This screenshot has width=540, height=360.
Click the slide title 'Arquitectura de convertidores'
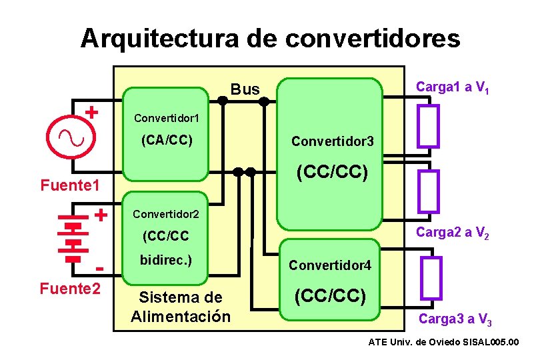(270, 38)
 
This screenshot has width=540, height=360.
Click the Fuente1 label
(69, 183)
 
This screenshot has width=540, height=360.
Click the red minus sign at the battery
(100, 269)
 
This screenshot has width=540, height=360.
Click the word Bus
(245, 89)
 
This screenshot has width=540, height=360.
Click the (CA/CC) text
(167, 140)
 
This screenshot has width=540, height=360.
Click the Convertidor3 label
(332, 141)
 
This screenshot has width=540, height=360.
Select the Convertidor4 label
(329, 265)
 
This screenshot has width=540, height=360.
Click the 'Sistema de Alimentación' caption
(180, 306)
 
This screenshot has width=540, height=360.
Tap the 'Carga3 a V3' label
(455, 319)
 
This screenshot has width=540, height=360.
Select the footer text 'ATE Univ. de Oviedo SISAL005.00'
(443, 342)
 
